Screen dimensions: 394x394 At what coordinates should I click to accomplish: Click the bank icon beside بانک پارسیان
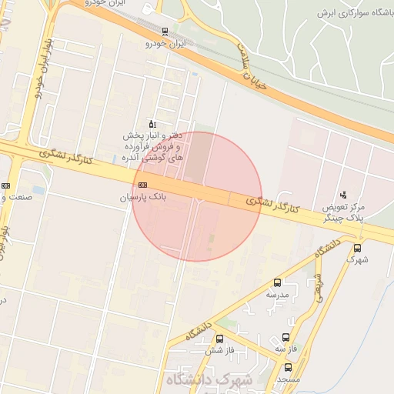(142, 185)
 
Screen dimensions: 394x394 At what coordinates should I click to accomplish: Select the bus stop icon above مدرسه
(277, 282)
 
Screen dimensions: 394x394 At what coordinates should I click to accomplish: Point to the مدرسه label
(277, 295)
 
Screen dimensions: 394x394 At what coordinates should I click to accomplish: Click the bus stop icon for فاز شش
(219, 339)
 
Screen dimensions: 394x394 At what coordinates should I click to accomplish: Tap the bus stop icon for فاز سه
(286, 338)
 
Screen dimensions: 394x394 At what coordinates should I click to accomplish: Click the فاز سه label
(286, 349)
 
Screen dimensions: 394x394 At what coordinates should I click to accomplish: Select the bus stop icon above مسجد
(288, 368)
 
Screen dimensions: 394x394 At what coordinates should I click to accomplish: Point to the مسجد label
(289, 380)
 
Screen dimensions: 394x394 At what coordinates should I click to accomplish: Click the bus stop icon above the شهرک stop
(357, 249)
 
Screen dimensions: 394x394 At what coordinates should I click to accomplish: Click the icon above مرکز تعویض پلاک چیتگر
(343, 195)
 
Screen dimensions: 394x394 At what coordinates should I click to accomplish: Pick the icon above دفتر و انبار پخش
(152, 124)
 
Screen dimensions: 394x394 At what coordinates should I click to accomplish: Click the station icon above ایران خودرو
(165, 32)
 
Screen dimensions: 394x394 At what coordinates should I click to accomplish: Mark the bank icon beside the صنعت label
(6, 185)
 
